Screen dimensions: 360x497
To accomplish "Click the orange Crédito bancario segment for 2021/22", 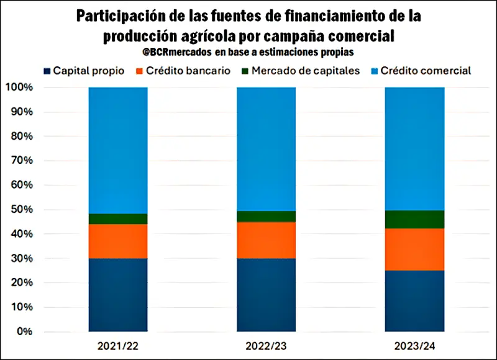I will (x=118, y=241).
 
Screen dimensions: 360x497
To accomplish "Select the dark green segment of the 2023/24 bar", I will (x=414, y=219).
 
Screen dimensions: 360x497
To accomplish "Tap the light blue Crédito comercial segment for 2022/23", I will (x=266, y=149).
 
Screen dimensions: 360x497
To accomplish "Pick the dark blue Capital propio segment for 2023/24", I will (x=414, y=300).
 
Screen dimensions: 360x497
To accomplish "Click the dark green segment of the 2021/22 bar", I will (x=118, y=218).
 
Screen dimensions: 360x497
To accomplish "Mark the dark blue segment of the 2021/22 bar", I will (x=118, y=294).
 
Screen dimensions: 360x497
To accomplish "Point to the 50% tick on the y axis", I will (x=21, y=209).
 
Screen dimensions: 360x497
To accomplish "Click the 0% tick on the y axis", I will (x=24, y=331).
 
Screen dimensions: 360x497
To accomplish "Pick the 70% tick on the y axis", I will (x=21, y=160).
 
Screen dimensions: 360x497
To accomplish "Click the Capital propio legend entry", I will (x=84, y=70).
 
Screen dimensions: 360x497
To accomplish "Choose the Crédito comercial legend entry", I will (x=420, y=70).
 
